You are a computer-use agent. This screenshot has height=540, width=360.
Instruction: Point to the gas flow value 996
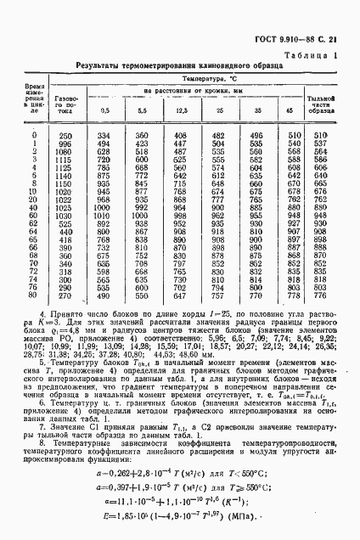65,143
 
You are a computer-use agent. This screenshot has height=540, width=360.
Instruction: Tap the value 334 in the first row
104,136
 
